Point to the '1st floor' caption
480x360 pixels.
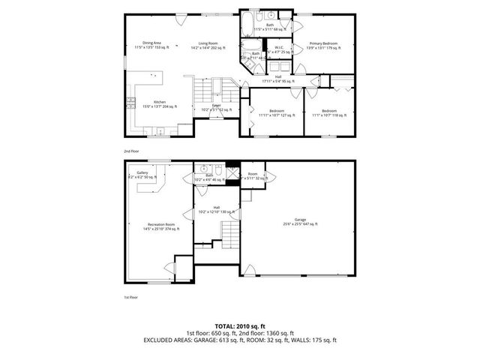131,298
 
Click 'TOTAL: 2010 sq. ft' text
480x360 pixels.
239,326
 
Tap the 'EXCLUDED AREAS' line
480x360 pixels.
239,340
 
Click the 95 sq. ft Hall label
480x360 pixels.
278,77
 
